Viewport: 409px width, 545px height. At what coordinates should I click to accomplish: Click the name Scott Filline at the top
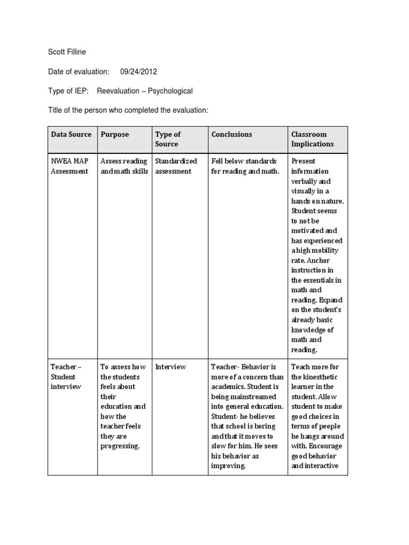(x=67, y=52)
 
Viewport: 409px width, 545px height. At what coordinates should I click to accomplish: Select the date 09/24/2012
(x=138, y=71)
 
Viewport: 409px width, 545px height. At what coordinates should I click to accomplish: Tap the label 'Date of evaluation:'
(x=78, y=71)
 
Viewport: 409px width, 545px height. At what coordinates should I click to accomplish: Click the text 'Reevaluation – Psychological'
(x=144, y=90)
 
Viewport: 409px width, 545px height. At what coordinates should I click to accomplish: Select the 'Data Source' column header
(x=71, y=135)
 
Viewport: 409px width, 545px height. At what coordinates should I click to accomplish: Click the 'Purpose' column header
(x=114, y=135)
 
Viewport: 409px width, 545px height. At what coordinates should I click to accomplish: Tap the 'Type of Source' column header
(x=167, y=139)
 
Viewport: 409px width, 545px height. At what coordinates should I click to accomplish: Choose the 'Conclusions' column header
(x=232, y=135)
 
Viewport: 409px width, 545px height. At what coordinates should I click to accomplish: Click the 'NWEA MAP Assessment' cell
(x=70, y=166)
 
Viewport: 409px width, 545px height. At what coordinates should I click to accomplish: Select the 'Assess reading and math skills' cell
(x=124, y=166)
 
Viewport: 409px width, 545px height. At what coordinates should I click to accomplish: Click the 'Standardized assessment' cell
(x=176, y=166)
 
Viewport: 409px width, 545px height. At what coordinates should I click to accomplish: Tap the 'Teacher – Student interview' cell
(x=66, y=376)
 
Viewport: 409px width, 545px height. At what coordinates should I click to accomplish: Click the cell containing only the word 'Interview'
(x=170, y=367)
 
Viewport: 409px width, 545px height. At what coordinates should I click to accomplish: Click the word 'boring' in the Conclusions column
(x=265, y=426)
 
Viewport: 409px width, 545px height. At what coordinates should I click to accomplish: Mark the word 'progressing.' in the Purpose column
(x=120, y=446)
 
